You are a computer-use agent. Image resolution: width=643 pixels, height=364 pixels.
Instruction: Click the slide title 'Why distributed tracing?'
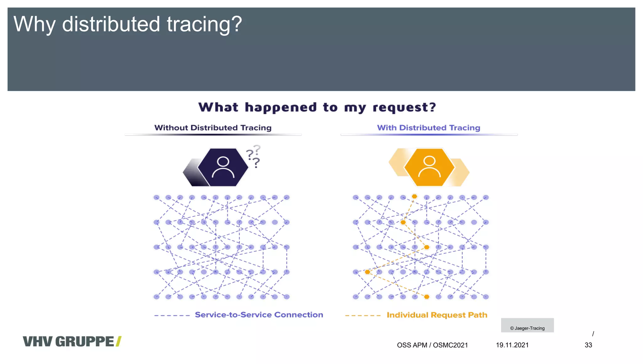tap(127, 24)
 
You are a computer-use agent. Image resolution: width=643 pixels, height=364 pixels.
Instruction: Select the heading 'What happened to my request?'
tap(317, 107)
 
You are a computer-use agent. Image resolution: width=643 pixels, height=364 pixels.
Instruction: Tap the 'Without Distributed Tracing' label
tap(213, 128)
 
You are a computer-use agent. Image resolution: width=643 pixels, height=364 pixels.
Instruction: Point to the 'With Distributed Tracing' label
tap(429, 128)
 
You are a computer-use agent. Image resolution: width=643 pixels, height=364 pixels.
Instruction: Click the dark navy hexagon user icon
tap(223, 167)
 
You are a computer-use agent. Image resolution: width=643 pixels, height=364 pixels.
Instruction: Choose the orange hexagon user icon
tap(429, 167)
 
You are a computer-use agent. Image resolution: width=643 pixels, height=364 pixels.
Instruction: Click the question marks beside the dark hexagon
tap(254, 156)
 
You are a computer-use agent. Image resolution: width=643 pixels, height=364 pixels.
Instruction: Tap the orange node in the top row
tap(414, 196)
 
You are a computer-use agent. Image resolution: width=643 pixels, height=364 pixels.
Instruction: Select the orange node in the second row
tap(403, 222)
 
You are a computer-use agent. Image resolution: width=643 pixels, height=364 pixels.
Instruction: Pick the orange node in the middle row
tap(427, 247)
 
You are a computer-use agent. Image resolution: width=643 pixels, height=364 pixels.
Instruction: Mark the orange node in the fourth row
tap(367, 272)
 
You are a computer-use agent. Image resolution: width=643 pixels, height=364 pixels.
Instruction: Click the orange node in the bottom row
tap(427, 297)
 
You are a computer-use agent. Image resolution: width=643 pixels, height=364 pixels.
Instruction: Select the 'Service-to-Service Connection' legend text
tap(259, 315)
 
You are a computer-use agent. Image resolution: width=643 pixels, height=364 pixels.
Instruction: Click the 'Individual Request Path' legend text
tap(437, 315)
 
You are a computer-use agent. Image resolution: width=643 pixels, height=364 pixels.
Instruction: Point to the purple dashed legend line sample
tap(172, 315)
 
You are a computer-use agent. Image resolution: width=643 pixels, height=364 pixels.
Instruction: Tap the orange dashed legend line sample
tap(363, 315)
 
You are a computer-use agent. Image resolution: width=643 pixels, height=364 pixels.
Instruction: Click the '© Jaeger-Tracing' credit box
tap(527, 325)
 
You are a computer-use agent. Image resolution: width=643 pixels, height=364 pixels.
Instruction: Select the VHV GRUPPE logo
tap(72, 341)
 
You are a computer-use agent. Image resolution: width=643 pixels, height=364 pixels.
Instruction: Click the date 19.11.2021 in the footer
tap(512, 345)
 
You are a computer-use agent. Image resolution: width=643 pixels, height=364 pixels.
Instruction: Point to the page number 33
tap(588, 345)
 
